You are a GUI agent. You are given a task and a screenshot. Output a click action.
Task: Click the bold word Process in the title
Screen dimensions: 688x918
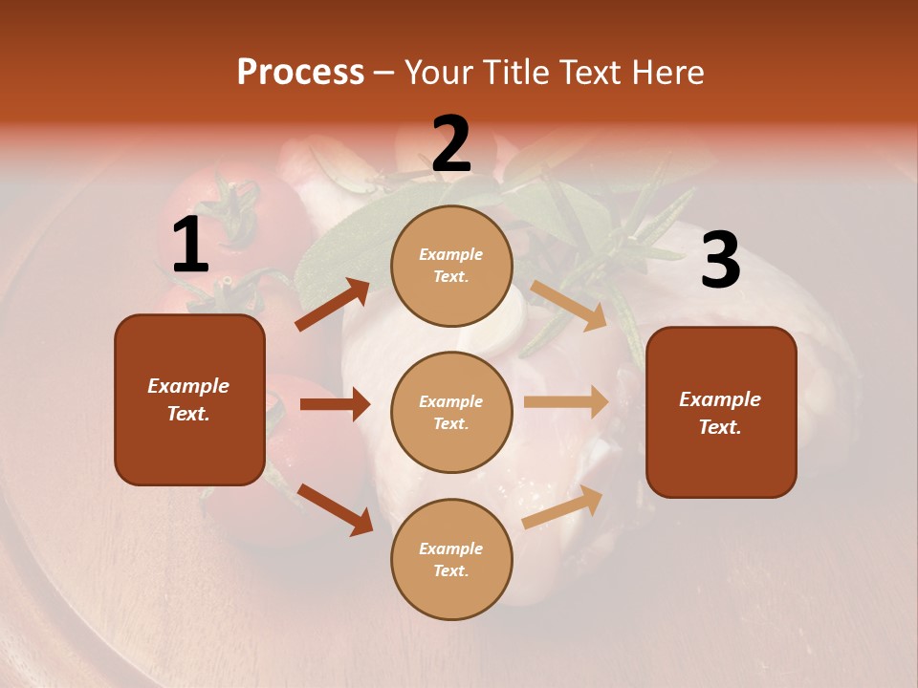300,73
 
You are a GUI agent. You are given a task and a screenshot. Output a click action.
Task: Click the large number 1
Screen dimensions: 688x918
190,246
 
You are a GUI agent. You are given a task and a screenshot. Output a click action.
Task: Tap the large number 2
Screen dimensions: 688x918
451,144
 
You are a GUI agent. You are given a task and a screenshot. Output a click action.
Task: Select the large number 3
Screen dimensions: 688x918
720,261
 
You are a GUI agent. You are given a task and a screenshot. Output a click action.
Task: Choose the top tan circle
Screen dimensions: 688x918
451,266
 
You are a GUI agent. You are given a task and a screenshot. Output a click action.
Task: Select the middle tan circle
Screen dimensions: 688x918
451,412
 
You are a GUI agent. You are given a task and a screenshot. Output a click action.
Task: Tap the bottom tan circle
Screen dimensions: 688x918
451,559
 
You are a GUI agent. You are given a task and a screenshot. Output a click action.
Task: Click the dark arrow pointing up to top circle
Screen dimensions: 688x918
332,305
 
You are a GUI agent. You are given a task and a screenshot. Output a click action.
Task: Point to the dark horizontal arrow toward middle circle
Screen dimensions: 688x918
335,404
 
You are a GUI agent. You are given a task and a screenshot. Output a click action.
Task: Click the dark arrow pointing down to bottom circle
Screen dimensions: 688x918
335,508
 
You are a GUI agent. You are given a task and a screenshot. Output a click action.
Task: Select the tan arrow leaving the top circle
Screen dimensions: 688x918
569,305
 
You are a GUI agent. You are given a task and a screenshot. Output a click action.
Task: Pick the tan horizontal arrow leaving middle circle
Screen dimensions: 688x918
566,402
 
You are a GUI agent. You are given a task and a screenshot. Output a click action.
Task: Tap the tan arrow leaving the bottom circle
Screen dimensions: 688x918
563,506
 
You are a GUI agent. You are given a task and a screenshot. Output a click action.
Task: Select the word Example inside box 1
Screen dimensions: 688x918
188,386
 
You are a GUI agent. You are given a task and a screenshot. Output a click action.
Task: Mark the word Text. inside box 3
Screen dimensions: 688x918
720,427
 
